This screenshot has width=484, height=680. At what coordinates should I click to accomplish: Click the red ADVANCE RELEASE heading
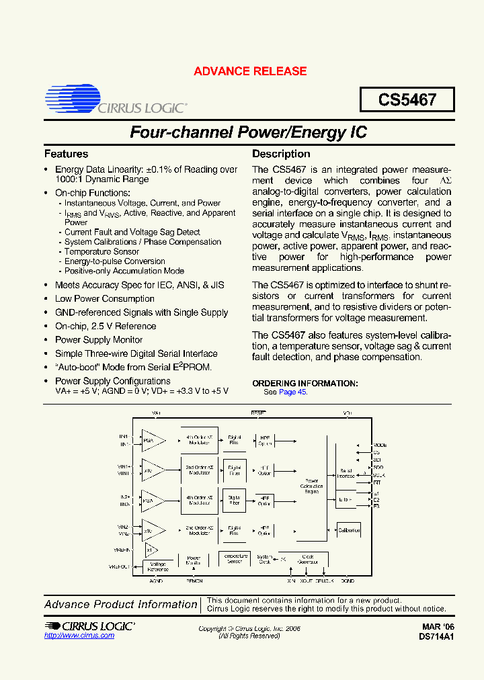tap(250, 71)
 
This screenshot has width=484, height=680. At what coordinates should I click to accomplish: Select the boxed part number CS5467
tap(407, 100)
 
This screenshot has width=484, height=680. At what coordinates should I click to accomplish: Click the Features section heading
tap(66, 154)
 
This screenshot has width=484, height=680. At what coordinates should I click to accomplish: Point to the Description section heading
tap(281, 154)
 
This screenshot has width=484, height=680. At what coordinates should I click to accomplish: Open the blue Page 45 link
tap(293, 392)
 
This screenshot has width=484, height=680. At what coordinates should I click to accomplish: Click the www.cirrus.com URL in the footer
tap(79, 635)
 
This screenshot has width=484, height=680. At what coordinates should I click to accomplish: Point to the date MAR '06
tap(439, 627)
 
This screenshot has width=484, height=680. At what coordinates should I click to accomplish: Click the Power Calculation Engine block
tap(311, 486)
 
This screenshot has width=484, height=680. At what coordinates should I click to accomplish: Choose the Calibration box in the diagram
tap(349, 530)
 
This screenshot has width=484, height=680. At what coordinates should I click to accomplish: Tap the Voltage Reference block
tap(158, 566)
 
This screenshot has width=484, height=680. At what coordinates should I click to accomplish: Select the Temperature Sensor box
tap(234, 559)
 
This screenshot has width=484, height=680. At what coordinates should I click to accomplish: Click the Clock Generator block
tap(308, 559)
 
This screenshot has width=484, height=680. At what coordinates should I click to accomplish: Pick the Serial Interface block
tap(346, 474)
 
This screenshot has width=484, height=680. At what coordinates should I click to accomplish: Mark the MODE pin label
tap(380, 445)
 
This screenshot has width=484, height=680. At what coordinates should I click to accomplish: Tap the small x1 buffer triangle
tap(149, 549)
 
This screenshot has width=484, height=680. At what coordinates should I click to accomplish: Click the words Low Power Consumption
tap(105, 299)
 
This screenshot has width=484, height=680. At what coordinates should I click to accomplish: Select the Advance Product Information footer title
tap(121, 604)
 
